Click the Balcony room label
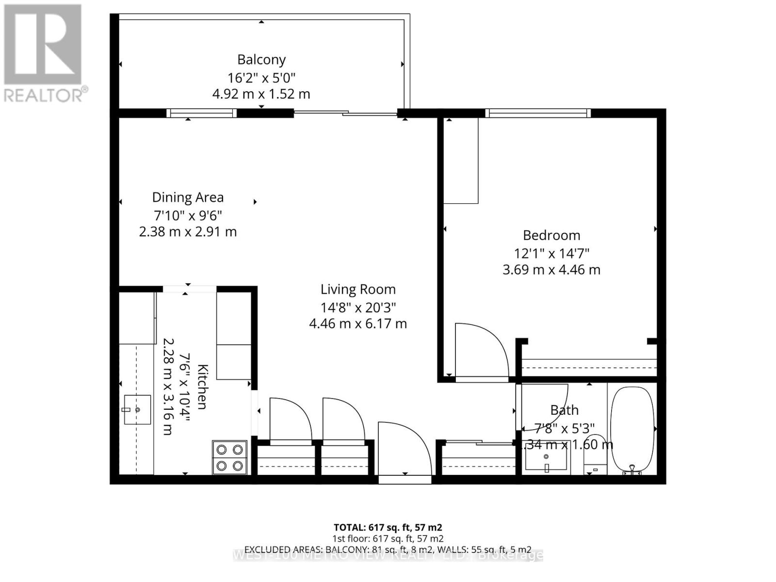click(261, 60)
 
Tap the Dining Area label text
click(188, 197)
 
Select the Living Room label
click(358, 290)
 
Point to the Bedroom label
click(551, 235)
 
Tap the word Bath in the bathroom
click(565, 410)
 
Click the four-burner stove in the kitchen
click(229, 457)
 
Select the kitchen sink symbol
click(137, 410)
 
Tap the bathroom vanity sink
click(546, 456)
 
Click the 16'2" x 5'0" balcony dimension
click(261, 78)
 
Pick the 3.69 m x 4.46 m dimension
click(551, 270)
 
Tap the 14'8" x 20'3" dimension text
click(358, 307)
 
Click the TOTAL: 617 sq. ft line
click(388, 527)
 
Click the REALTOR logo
click(44, 53)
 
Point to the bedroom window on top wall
click(538, 113)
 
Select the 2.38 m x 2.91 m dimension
click(188, 232)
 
